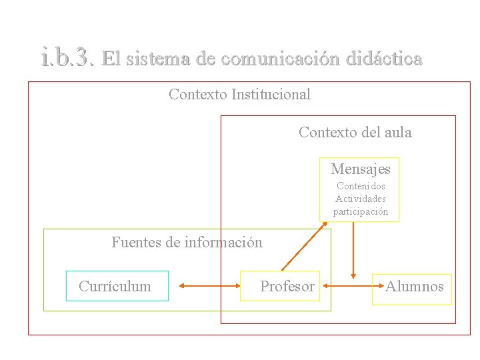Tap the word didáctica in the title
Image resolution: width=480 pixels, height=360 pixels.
coord(384,59)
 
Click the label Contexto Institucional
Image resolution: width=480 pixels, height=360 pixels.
coord(239,95)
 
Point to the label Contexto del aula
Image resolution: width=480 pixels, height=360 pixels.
coord(355,133)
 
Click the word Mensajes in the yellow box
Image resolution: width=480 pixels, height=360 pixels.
coord(360,169)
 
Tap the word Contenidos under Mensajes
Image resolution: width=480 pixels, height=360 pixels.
coord(361,187)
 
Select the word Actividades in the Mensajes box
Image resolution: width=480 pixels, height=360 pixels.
coord(361,199)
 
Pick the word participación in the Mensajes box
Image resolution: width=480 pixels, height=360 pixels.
coord(361,211)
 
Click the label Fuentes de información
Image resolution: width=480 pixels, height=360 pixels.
coord(187,242)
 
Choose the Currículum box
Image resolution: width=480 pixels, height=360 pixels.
coord(117,286)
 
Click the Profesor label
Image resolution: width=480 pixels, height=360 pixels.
coord(287,287)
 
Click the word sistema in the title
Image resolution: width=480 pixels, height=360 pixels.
coord(160,59)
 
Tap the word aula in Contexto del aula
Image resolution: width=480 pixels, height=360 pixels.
coord(398,133)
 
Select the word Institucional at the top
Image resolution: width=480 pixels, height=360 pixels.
coord(271,95)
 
